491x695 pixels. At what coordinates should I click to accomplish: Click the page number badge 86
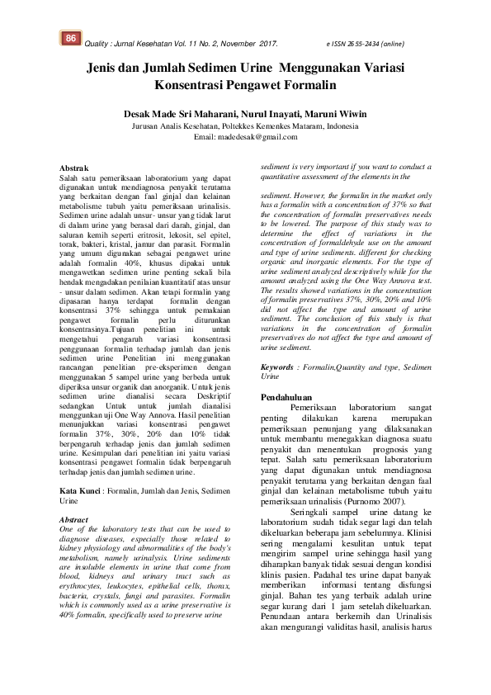(72, 39)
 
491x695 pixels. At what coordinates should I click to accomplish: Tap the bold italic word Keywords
(280, 366)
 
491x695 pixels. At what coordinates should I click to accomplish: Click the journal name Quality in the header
(99, 43)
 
